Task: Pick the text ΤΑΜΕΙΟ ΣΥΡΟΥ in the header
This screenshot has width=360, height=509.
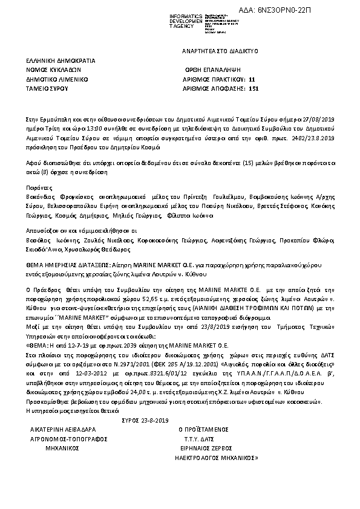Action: tap(47, 88)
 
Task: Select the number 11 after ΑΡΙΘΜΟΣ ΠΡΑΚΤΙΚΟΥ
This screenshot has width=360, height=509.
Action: tap(252, 79)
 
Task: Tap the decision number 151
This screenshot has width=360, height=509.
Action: tap(254, 88)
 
